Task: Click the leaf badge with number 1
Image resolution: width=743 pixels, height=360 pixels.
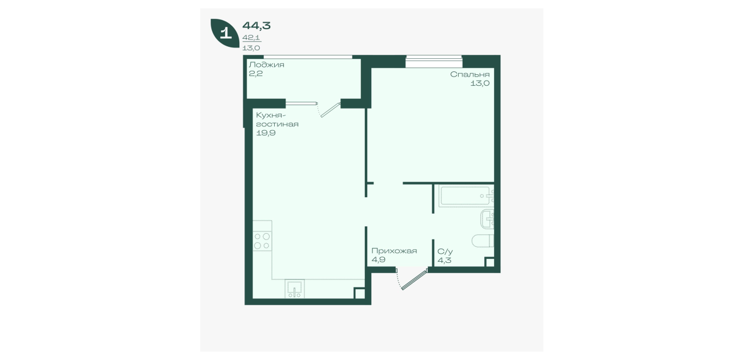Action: (x=225, y=33)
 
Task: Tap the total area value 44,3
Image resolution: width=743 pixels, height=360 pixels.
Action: (x=256, y=25)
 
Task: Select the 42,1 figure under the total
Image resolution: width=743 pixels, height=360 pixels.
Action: (x=251, y=38)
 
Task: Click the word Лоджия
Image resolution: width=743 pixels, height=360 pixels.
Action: (x=267, y=65)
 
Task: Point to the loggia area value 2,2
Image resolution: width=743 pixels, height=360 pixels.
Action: (x=256, y=74)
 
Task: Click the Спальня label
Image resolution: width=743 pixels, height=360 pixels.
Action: (x=469, y=75)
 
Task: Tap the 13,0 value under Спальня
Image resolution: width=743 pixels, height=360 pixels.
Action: (x=480, y=83)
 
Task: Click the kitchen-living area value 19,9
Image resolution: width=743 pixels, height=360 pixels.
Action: (x=266, y=133)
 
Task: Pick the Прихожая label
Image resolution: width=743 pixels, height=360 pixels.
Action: (x=394, y=251)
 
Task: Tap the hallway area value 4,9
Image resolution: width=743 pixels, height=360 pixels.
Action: (x=379, y=260)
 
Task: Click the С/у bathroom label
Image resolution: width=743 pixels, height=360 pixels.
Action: (x=445, y=251)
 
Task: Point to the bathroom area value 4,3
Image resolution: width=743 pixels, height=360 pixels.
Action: (x=444, y=260)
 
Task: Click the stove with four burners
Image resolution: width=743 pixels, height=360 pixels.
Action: (x=262, y=241)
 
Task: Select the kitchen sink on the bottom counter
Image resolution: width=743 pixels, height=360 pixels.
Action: (x=295, y=289)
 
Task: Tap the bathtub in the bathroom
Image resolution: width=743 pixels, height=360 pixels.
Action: (x=466, y=196)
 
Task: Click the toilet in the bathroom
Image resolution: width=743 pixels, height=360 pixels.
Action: (x=483, y=241)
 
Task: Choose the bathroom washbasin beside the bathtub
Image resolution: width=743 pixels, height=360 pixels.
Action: (x=487, y=219)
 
